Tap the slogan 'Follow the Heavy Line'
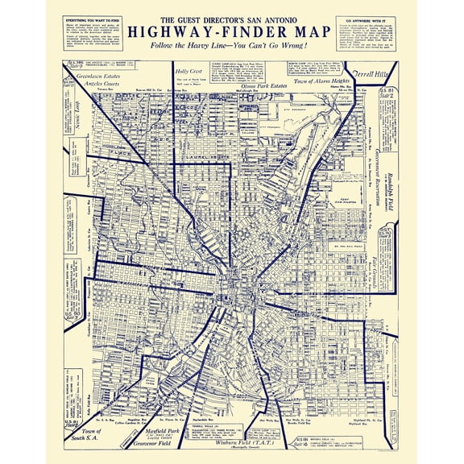coord(232,47)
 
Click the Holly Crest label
coord(188,72)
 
